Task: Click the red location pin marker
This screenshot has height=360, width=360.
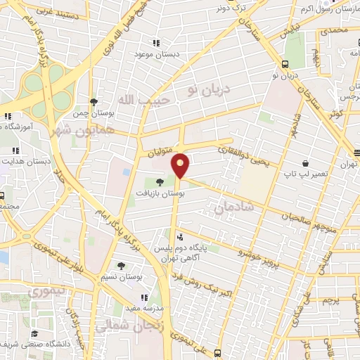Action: [181, 166]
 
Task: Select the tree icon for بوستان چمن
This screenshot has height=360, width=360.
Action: [94, 101]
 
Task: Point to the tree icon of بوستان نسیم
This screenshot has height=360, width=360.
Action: [121, 266]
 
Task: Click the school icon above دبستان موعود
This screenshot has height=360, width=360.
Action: [155, 42]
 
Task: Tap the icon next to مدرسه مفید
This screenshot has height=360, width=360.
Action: [144, 297]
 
